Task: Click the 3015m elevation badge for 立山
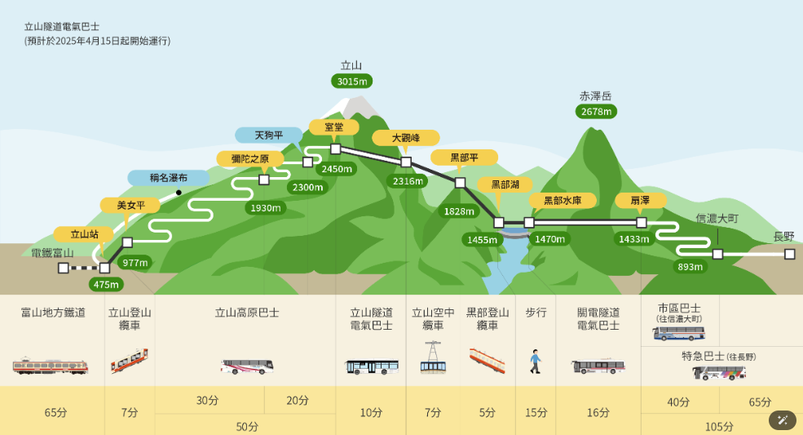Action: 352,81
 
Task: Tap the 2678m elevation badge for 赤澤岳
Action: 596,111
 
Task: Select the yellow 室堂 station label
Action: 334,127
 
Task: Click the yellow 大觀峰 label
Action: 406,138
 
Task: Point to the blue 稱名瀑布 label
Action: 169,178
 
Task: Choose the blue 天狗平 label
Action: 269,135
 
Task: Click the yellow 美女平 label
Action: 130,205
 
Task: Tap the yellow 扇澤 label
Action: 640,201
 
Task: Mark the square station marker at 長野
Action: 790,254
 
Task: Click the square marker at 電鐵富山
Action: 64,268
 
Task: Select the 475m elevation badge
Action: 106,284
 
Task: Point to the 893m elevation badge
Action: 690,267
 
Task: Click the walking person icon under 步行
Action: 535,361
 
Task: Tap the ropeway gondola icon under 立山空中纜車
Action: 433,357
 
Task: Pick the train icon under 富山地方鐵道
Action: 51,366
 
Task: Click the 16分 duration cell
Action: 598,412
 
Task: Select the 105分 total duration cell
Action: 719,426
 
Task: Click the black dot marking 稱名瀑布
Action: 179,193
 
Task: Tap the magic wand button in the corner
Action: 783,420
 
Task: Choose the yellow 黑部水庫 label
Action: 563,201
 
